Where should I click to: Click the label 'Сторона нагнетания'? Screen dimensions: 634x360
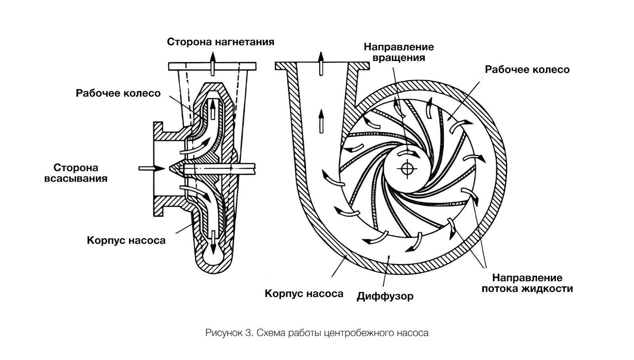coord(220,42)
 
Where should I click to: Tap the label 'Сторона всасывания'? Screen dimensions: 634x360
coord(76,173)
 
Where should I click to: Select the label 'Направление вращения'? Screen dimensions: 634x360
coord(399,52)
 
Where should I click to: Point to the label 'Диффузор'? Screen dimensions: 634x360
coord(385,296)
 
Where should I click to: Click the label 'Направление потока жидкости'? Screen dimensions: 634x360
coord(527,283)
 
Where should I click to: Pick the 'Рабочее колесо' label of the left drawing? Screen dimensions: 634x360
coord(118,93)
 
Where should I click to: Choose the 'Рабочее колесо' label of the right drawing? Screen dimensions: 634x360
coord(527,70)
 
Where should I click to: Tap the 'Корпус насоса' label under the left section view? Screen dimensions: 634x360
coord(126,240)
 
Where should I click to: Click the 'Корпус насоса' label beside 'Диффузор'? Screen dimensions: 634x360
coord(304,293)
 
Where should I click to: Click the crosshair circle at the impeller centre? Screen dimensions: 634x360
coord(407,169)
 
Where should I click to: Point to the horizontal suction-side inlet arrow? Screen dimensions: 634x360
coord(151,169)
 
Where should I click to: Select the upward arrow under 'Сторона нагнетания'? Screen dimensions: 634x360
coord(213,64)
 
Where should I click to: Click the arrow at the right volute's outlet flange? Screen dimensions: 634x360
coord(321,64)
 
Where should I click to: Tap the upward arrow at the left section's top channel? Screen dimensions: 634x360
coord(213,110)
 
